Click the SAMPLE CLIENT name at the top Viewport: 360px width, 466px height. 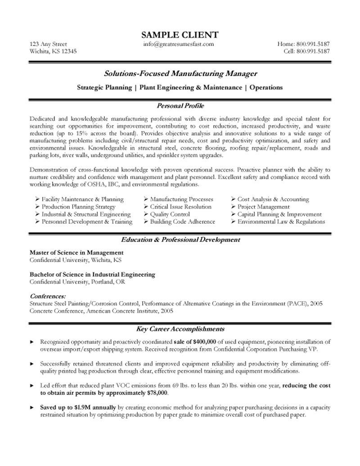click(x=180, y=35)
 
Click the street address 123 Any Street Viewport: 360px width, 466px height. click(x=48, y=44)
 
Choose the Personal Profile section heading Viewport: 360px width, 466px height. click(x=180, y=106)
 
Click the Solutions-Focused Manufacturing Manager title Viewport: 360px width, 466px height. click(x=180, y=73)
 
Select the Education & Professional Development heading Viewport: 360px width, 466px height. click(x=180, y=240)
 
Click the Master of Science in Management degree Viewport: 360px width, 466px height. click(x=76, y=253)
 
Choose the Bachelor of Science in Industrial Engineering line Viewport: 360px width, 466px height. click(x=92, y=274)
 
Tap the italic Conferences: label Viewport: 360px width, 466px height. click(x=48, y=296)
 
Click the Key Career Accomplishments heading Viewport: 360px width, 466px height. click(x=180, y=329)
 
